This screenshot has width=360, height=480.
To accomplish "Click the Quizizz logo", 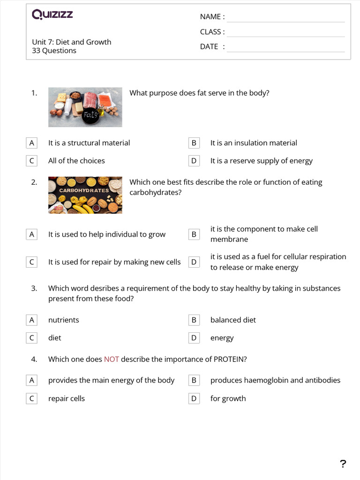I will [x=52, y=15].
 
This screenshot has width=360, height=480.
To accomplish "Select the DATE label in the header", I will [x=209, y=46].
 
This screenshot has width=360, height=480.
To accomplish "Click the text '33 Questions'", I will [x=54, y=51].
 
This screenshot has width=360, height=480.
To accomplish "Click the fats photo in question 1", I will [x=85, y=107].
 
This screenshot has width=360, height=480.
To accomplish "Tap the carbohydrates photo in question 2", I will [x=85, y=195].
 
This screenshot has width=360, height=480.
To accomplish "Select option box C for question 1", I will [x=31, y=161].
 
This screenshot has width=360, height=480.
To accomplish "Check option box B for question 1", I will [x=194, y=143].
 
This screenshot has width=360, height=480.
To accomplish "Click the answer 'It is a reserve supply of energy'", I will [x=261, y=161].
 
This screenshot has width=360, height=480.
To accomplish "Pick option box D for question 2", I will [x=194, y=262].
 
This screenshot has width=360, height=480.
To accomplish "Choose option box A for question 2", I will [x=31, y=234].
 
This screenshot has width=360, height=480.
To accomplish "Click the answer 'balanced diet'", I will [x=233, y=320].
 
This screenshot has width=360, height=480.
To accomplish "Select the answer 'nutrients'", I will [x=64, y=320].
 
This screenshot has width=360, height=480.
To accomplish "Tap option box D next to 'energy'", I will [x=194, y=337].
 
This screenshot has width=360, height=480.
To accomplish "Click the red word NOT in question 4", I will [x=112, y=359].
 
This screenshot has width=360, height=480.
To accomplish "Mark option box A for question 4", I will [x=31, y=380].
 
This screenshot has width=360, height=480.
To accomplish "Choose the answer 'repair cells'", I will [x=67, y=398].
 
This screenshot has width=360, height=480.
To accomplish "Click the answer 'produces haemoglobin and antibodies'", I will [x=275, y=380].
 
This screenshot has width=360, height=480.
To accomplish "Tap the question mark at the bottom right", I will [x=343, y=464].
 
